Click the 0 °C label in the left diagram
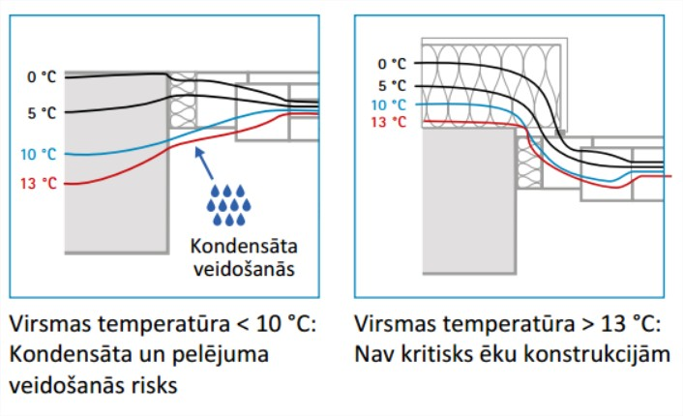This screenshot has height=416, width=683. (40, 74)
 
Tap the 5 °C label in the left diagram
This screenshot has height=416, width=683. (40, 112)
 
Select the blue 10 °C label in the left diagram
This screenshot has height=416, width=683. (40, 154)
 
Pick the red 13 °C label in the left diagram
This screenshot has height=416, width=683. (40, 183)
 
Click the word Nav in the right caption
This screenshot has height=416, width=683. (372, 353)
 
